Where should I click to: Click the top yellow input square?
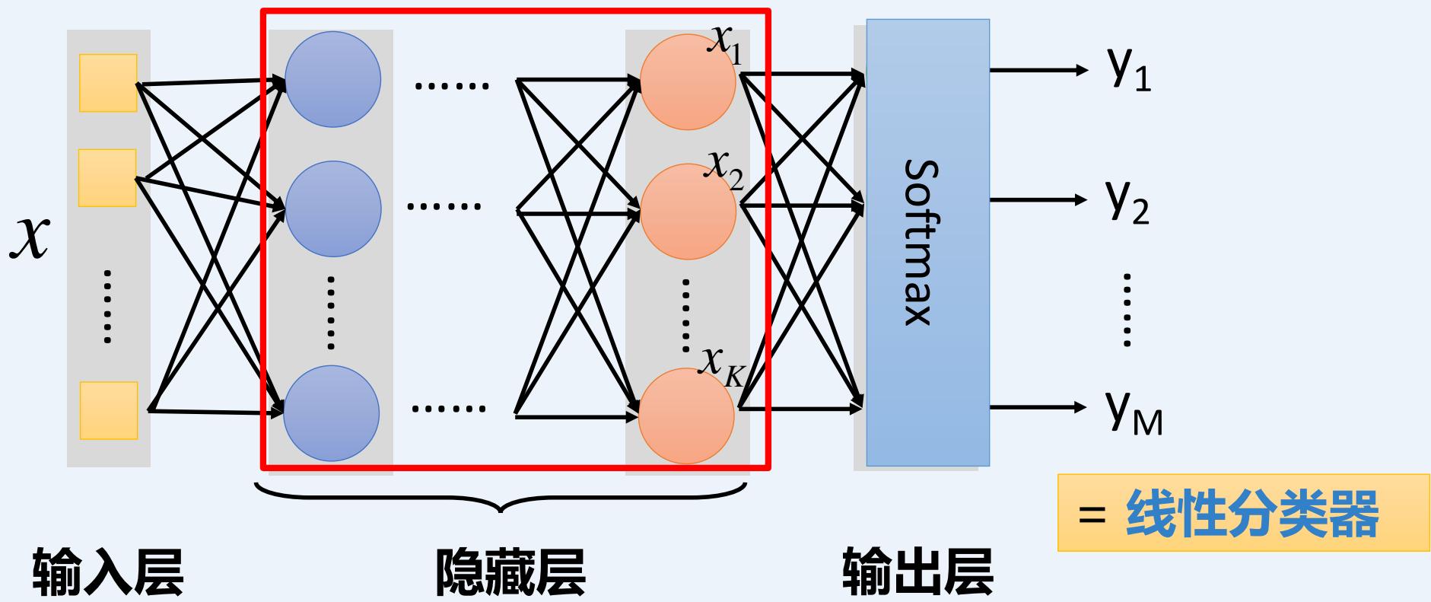(108, 83)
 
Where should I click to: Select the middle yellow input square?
(107, 178)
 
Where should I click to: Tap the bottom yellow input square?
(108, 410)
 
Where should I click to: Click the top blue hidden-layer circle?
(332, 79)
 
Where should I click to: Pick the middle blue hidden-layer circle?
(332, 209)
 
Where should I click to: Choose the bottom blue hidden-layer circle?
(331, 413)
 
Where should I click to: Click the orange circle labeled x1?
(688, 82)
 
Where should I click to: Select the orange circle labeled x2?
(688, 212)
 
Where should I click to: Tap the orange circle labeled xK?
(686, 416)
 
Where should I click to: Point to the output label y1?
(1129, 71)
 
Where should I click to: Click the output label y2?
(1127, 202)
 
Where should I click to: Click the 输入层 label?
(108, 573)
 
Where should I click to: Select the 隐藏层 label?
(510, 573)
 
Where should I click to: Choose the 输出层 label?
(917, 573)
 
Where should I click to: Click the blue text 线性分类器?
(1251, 514)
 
